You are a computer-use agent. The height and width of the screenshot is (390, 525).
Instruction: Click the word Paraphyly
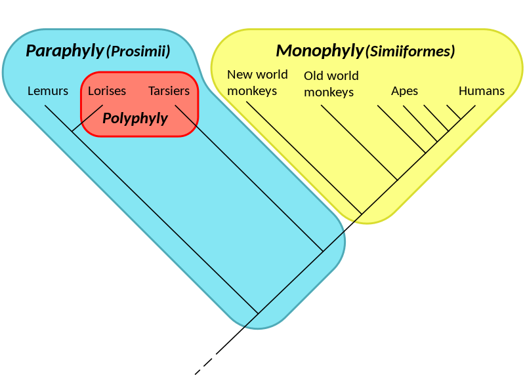[x=64, y=50]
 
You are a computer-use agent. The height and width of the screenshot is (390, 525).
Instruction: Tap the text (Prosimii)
[x=138, y=51]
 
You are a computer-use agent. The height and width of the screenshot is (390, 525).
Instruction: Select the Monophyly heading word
[x=319, y=50]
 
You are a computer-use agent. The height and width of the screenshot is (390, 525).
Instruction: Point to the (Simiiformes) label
[x=410, y=51]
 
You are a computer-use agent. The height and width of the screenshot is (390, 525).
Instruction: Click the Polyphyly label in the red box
[x=135, y=119]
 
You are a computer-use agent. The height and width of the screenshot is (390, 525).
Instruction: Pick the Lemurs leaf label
[x=48, y=91]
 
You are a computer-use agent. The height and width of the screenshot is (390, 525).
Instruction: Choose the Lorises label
[x=107, y=91]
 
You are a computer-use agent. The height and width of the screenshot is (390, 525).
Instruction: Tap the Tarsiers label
[x=169, y=91]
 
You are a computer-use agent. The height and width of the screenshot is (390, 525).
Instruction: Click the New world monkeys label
[x=257, y=83]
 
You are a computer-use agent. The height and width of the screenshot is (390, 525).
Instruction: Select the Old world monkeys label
[x=331, y=84]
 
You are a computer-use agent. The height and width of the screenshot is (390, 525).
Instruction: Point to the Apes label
[x=404, y=91]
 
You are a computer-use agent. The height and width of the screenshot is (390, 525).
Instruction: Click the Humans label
[x=482, y=91]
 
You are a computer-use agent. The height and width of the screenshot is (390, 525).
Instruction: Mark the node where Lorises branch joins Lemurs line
[x=72, y=132]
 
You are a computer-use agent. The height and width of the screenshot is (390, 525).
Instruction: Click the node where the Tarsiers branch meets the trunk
[x=322, y=250]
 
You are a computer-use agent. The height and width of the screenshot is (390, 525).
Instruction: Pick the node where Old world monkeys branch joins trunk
[x=397, y=179]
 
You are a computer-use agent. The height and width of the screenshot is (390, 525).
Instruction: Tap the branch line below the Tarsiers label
[x=249, y=177]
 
